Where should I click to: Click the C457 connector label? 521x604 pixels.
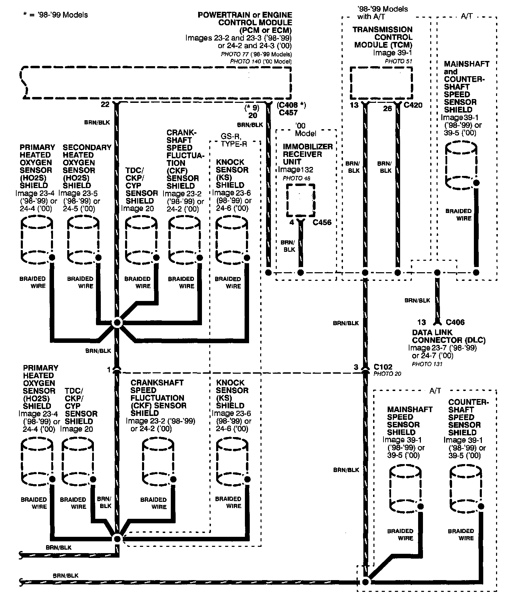pyautogui.click(x=288, y=113)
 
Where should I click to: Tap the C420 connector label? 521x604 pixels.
pyautogui.click(x=413, y=105)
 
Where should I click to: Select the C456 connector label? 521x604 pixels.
pyautogui.click(x=322, y=222)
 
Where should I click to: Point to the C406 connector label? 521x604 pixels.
pyautogui.click(x=455, y=322)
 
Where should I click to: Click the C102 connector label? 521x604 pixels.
pyautogui.click(x=383, y=367)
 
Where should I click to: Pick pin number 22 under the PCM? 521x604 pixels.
pyautogui.click(x=105, y=104)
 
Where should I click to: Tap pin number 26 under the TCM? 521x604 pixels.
pyautogui.click(x=387, y=109)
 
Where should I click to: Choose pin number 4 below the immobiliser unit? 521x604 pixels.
pyautogui.click(x=292, y=222)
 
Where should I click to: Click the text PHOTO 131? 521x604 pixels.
pyautogui.click(x=427, y=364)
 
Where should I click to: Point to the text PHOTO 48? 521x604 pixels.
pyautogui.click(x=297, y=178)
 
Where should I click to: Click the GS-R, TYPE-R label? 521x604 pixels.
pyautogui.click(x=234, y=140)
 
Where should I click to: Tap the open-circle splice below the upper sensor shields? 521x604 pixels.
pyautogui.click(x=117, y=323)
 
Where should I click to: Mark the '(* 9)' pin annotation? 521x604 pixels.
pyautogui.click(x=251, y=108)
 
